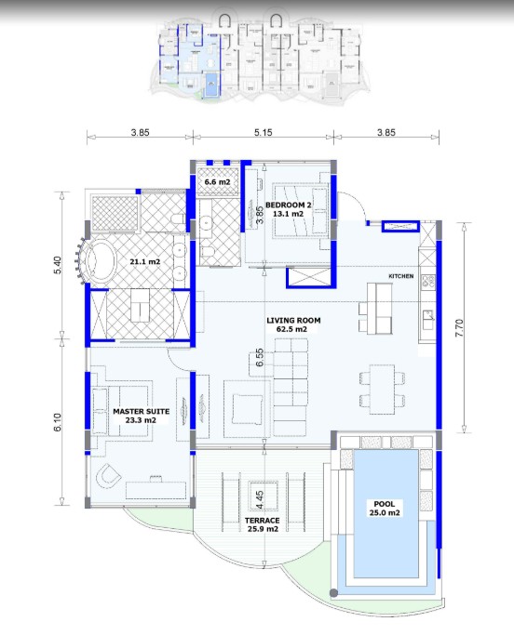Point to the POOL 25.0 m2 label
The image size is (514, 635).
pyautogui.click(x=385, y=509)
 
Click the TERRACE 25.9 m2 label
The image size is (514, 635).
pyautogui.click(x=263, y=524)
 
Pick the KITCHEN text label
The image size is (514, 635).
pyautogui.click(x=400, y=276)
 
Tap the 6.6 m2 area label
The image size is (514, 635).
pyautogui.click(x=217, y=182)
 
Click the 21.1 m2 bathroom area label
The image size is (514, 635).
pyautogui.click(x=145, y=261)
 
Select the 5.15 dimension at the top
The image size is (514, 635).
pyautogui.click(x=264, y=132)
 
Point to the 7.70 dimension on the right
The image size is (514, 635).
pyautogui.click(x=459, y=327)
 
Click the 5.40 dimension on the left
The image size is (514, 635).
pyautogui.click(x=57, y=265)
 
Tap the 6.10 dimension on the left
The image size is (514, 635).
pyautogui.click(x=57, y=421)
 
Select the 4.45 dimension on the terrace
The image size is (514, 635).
pyautogui.click(x=260, y=499)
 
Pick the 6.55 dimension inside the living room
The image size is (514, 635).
pyautogui.click(x=260, y=358)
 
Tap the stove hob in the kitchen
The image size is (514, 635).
pyautogui.click(x=427, y=281)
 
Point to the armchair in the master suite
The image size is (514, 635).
pyautogui.click(x=108, y=474)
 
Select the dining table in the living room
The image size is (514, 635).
pyautogui.click(x=382, y=390)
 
